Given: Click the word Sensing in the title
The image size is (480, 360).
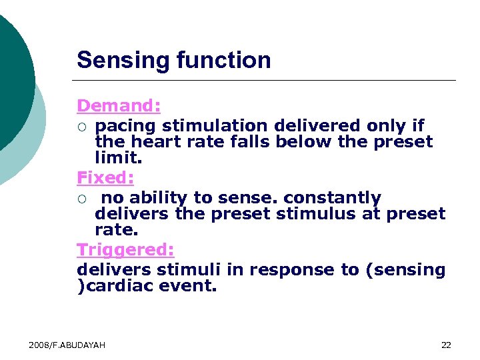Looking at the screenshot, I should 123,61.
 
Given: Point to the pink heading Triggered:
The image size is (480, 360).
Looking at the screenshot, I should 125,249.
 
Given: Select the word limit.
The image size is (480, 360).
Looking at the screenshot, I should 119,157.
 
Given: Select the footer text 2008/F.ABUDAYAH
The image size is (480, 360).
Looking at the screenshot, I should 67,345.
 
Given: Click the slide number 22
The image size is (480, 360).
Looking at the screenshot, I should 446,345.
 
